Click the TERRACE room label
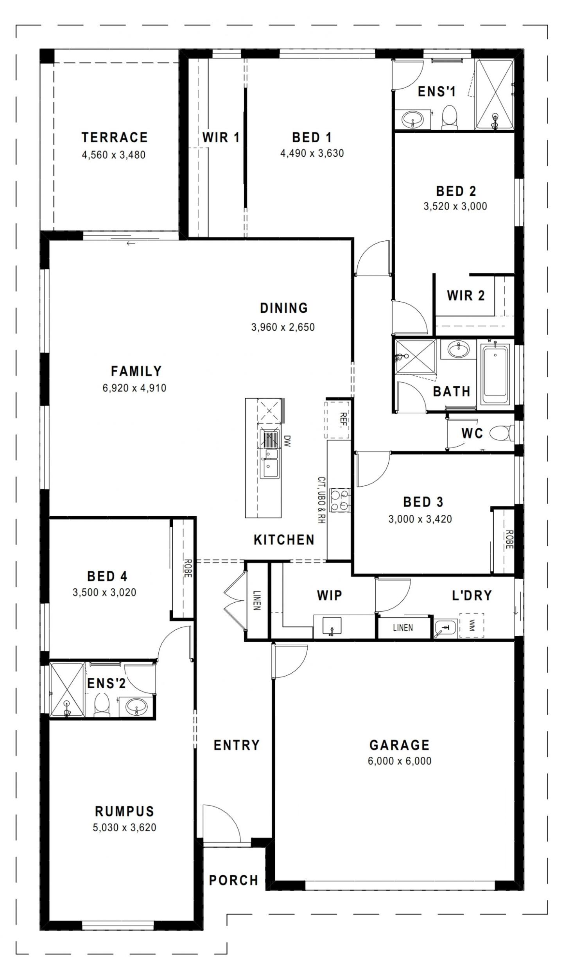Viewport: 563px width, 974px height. tap(115, 138)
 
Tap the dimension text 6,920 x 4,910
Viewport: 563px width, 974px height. tap(134, 388)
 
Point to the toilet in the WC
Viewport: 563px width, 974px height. tap(501, 433)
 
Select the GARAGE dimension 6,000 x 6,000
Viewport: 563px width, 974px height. tap(399, 761)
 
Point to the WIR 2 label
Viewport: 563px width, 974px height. tap(465, 295)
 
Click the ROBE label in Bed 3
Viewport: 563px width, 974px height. tap(509, 540)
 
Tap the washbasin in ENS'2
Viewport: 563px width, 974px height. tap(136, 706)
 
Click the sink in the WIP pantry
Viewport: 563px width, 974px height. tap(332, 626)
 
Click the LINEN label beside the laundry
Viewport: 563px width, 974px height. tap(403, 628)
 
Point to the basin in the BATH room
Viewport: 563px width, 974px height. tap(458, 349)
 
